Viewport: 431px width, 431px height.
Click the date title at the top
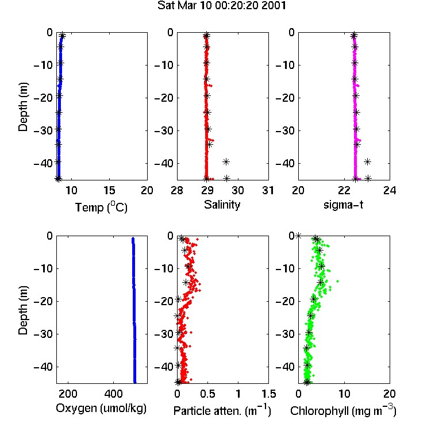coord(222,6)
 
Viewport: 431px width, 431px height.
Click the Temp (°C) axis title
coord(101,207)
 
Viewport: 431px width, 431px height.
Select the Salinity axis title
coord(222,205)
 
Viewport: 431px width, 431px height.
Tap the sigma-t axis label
coord(343,205)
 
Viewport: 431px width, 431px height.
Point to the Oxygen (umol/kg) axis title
coord(101,408)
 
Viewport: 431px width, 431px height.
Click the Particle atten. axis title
coord(222,410)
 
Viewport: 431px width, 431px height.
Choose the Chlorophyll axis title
coord(343,410)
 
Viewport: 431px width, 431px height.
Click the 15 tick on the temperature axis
coord(109,190)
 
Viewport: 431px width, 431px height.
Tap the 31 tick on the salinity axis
coord(268,190)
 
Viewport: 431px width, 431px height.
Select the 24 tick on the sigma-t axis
coord(390,190)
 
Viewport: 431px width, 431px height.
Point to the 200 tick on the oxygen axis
coord(68,394)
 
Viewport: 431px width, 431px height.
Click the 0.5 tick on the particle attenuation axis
coord(207,394)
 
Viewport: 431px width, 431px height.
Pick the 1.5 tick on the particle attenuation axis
coord(268,394)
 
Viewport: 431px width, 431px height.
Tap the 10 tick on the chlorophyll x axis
coord(344,394)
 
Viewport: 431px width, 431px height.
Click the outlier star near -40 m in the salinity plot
coord(226,161)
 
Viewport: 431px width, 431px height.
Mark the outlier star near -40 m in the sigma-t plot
coord(368,161)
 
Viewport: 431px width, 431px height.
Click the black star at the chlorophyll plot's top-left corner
coord(298,236)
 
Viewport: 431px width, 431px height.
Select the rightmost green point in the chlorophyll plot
coord(337,281)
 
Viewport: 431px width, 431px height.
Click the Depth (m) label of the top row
coord(23,107)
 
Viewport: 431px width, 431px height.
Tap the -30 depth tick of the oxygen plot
coord(44,334)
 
